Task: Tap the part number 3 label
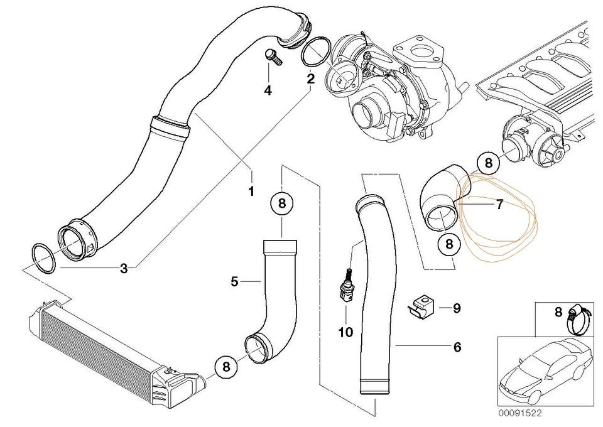click(x=124, y=269)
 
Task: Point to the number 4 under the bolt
click(x=268, y=90)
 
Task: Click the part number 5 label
click(x=234, y=282)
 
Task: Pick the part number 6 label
click(x=457, y=346)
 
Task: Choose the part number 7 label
click(x=499, y=205)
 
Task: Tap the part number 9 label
click(x=457, y=308)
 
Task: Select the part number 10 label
click(x=345, y=332)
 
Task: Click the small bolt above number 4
click(x=274, y=57)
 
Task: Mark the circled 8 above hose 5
click(x=282, y=203)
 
